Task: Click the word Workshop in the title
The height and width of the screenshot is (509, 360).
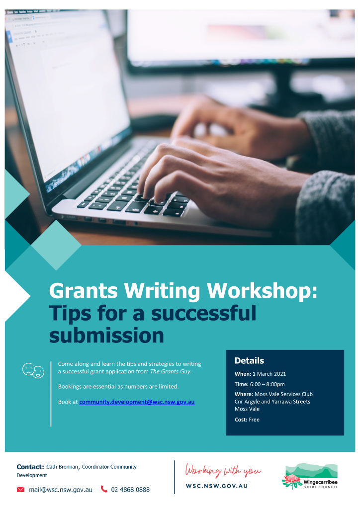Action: click(x=262, y=291)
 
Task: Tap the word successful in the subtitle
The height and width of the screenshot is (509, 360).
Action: click(x=203, y=313)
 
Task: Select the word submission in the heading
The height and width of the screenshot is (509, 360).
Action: click(x=106, y=336)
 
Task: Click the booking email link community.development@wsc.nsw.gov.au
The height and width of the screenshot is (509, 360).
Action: click(x=137, y=402)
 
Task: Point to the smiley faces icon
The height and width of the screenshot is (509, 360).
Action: click(x=33, y=370)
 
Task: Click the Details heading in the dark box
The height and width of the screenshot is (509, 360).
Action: click(x=249, y=361)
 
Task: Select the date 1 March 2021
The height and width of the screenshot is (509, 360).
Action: click(x=269, y=374)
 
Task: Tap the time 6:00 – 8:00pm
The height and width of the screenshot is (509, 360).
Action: click(x=267, y=384)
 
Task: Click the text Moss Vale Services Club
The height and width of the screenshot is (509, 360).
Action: click(x=283, y=394)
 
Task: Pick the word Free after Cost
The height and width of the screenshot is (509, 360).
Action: click(x=254, y=420)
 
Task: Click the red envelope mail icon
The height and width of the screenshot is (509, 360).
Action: click(x=20, y=489)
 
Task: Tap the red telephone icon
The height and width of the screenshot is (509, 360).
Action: click(x=104, y=489)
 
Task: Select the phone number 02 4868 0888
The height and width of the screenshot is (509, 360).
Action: click(x=130, y=490)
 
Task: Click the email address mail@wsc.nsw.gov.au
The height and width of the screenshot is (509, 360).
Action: click(x=61, y=490)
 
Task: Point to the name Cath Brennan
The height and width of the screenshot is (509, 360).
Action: click(x=62, y=467)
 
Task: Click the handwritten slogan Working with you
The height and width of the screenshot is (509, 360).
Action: click(x=223, y=470)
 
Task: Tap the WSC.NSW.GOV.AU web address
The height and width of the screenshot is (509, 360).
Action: click(x=216, y=486)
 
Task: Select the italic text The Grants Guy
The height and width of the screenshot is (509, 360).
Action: click(x=170, y=371)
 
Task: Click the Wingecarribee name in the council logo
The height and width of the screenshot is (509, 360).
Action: click(x=320, y=482)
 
